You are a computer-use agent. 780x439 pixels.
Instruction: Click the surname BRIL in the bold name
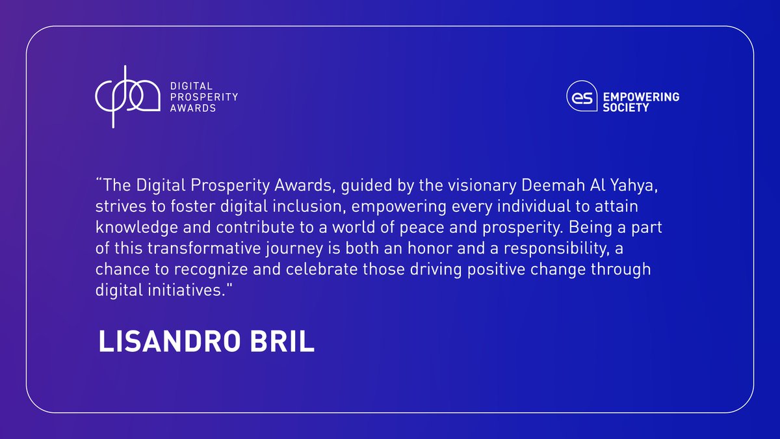(x=282, y=341)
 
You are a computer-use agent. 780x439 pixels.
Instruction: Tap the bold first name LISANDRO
(x=170, y=341)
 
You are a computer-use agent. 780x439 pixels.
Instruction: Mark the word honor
(x=430, y=248)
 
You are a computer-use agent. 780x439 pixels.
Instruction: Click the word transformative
(x=204, y=248)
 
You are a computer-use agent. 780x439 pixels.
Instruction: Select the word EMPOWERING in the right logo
(x=641, y=97)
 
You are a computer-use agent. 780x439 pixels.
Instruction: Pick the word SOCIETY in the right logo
(x=626, y=108)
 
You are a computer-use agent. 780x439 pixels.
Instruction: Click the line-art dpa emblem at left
(x=127, y=97)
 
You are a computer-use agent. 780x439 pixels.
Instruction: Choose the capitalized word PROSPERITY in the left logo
(x=204, y=97)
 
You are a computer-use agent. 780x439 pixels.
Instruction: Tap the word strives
(x=120, y=206)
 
